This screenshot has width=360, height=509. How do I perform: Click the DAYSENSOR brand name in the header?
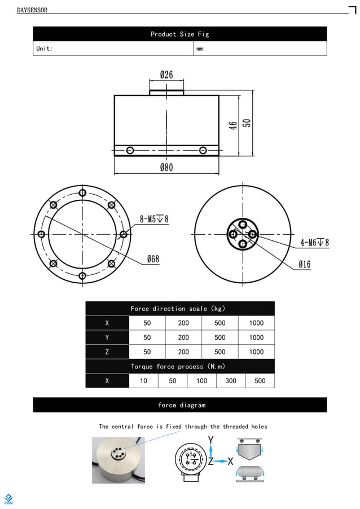point(32,10)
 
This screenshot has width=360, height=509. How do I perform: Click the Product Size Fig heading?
point(179,34)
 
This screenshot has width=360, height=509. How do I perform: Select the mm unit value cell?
point(200,49)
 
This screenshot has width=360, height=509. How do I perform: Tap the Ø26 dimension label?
point(166,74)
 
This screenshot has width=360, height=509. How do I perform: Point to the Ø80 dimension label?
point(166,168)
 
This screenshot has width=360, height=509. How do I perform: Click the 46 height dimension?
point(232,125)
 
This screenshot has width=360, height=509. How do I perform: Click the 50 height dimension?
point(247,122)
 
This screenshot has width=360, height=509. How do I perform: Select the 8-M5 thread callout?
point(154,219)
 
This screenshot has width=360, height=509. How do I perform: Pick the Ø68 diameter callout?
point(153,259)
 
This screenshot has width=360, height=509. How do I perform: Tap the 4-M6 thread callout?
point(314,243)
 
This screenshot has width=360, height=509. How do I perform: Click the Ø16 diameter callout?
point(304,264)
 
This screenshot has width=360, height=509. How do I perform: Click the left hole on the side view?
point(130,150)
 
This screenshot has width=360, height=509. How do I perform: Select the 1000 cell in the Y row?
point(256,337)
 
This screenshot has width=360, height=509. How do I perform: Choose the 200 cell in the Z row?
point(183,352)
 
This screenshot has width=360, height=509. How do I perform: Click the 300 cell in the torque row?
point(231,381)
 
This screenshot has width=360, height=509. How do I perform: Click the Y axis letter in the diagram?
point(210,440)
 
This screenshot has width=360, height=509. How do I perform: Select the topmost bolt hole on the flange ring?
point(82,193)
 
